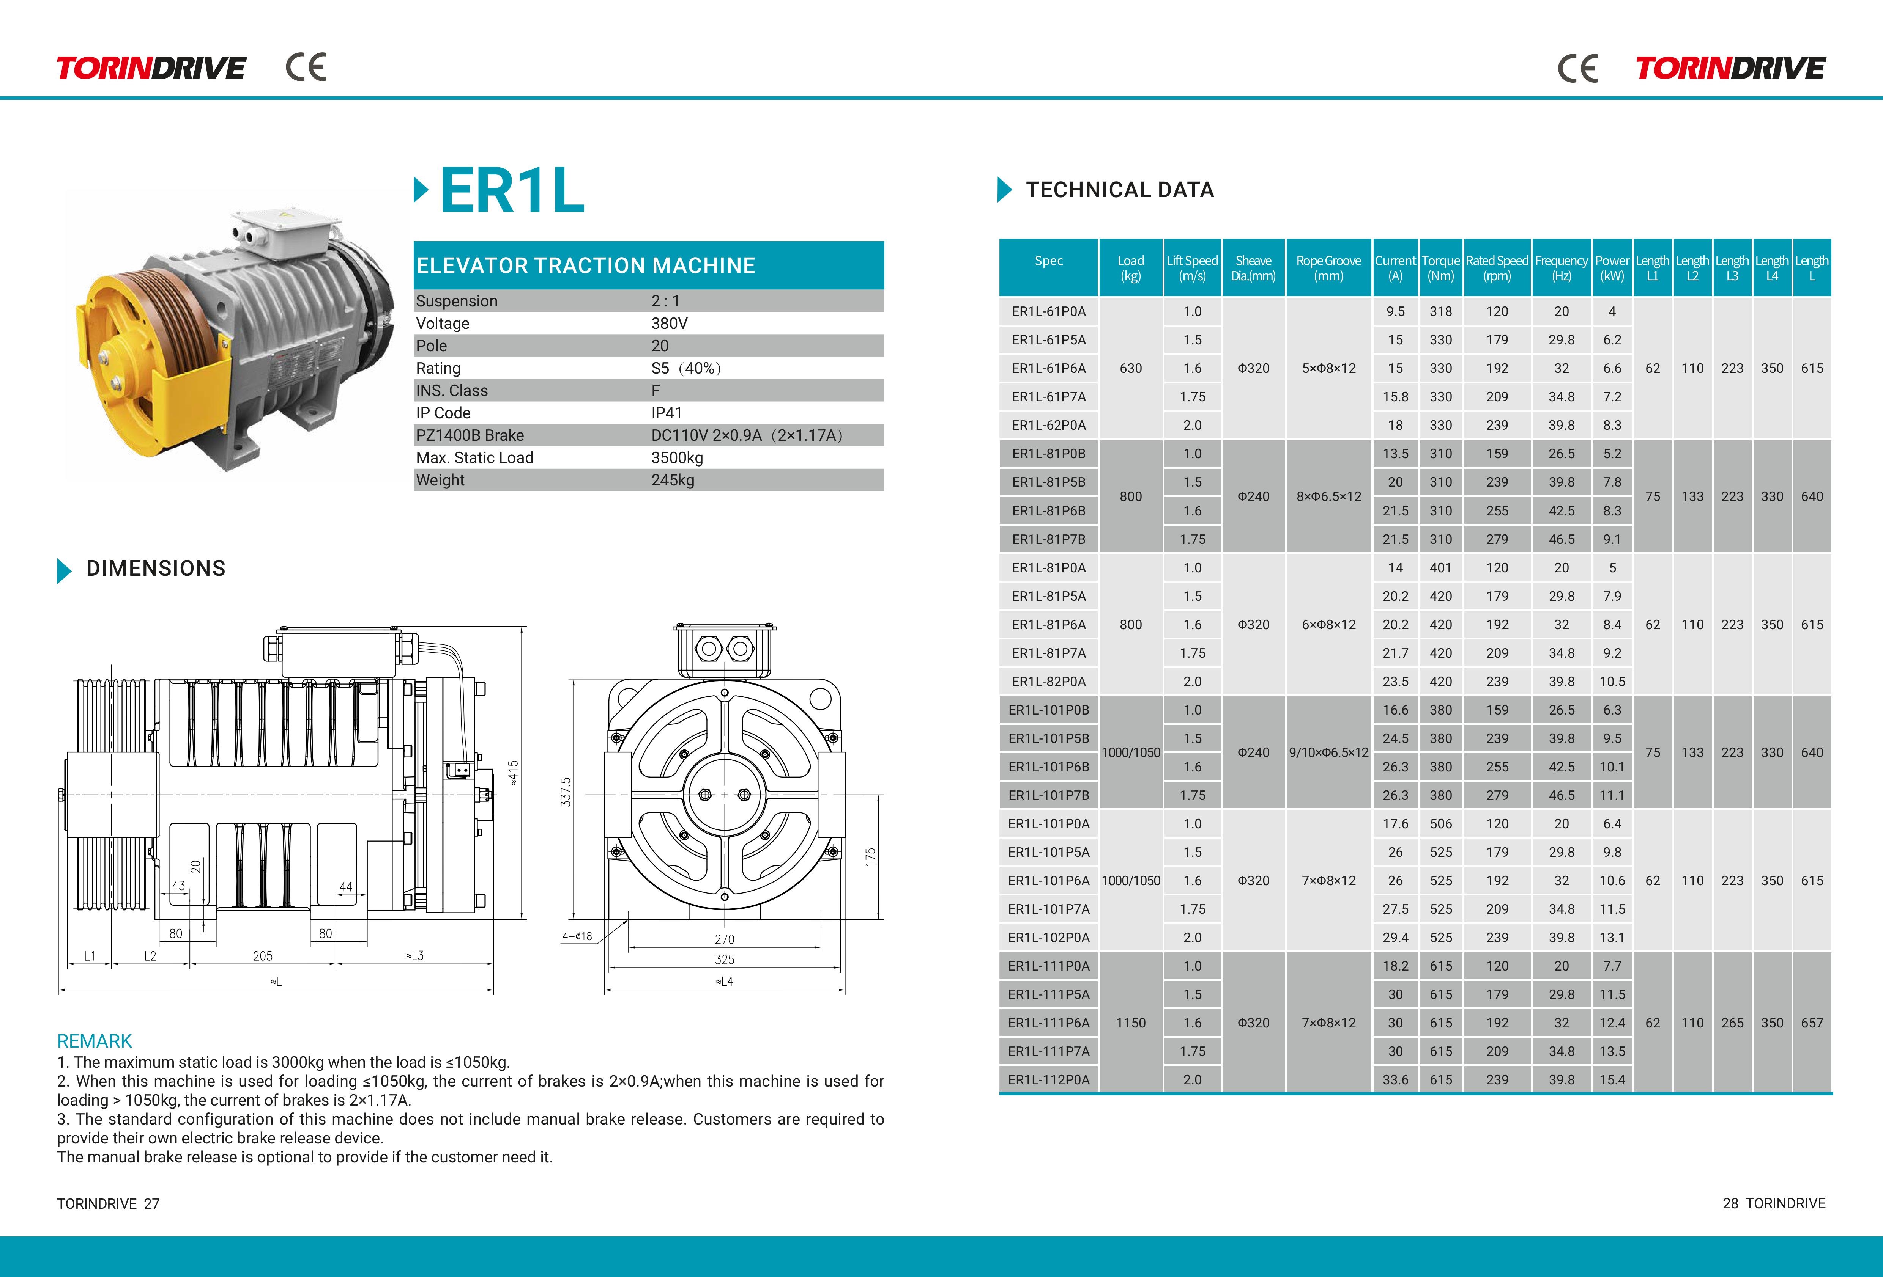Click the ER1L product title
tap(512, 191)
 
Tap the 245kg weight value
tap(673, 480)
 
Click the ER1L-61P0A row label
tap(1048, 311)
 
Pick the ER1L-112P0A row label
tap(1048, 1079)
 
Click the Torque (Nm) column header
tap(1440, 268)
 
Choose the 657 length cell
tap(1812, 1023)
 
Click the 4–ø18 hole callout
tap(577, 936)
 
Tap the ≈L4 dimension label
tap(724, 982)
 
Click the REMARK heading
tap(94, 1041)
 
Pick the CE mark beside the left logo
tap(306, 67)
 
